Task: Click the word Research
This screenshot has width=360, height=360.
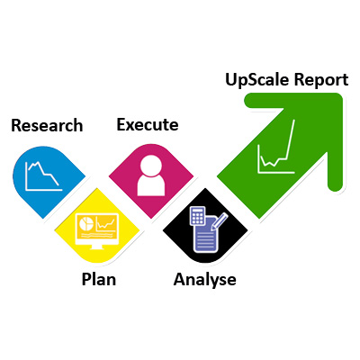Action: (x=47, y=125)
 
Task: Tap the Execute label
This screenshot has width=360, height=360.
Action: (x=148, y=124)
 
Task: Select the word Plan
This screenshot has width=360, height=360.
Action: (x=99, y=279)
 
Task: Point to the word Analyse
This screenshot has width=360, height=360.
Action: (x=205, y=280)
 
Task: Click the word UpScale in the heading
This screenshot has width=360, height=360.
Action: (x=257, y=80)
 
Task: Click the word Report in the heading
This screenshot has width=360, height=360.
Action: (x=321, y=80)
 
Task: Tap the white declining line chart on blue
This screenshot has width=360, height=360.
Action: (x=44, y=176)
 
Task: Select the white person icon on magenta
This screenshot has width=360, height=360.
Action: (x=151, y=175)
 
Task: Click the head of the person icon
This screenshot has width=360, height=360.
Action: (x=151, y=165)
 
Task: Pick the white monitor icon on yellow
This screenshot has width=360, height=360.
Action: (x=97, y=231)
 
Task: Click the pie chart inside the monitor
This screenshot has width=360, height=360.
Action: (x=85, y=223)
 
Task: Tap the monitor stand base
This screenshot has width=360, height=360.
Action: (x=97, y=247)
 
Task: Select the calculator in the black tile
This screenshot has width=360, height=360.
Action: (x=197, y=216)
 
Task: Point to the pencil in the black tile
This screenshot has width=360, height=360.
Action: (x=220, y=221)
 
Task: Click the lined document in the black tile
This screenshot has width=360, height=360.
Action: (x=206, y=235)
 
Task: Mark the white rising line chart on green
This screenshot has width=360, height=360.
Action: (x=276, y=147)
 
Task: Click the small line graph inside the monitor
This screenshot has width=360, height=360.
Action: (x=105, y=223)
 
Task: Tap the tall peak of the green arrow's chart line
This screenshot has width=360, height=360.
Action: (x=293, y=120)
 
